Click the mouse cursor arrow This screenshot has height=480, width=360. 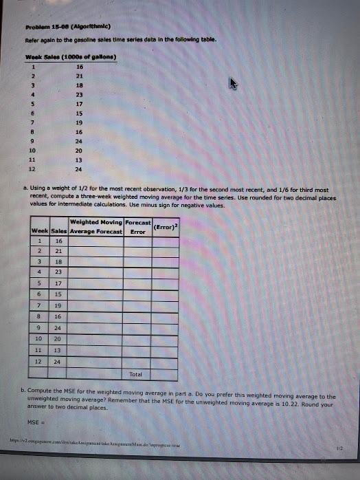tap(234, 84)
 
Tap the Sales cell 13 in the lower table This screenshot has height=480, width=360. tap(58, 349)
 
